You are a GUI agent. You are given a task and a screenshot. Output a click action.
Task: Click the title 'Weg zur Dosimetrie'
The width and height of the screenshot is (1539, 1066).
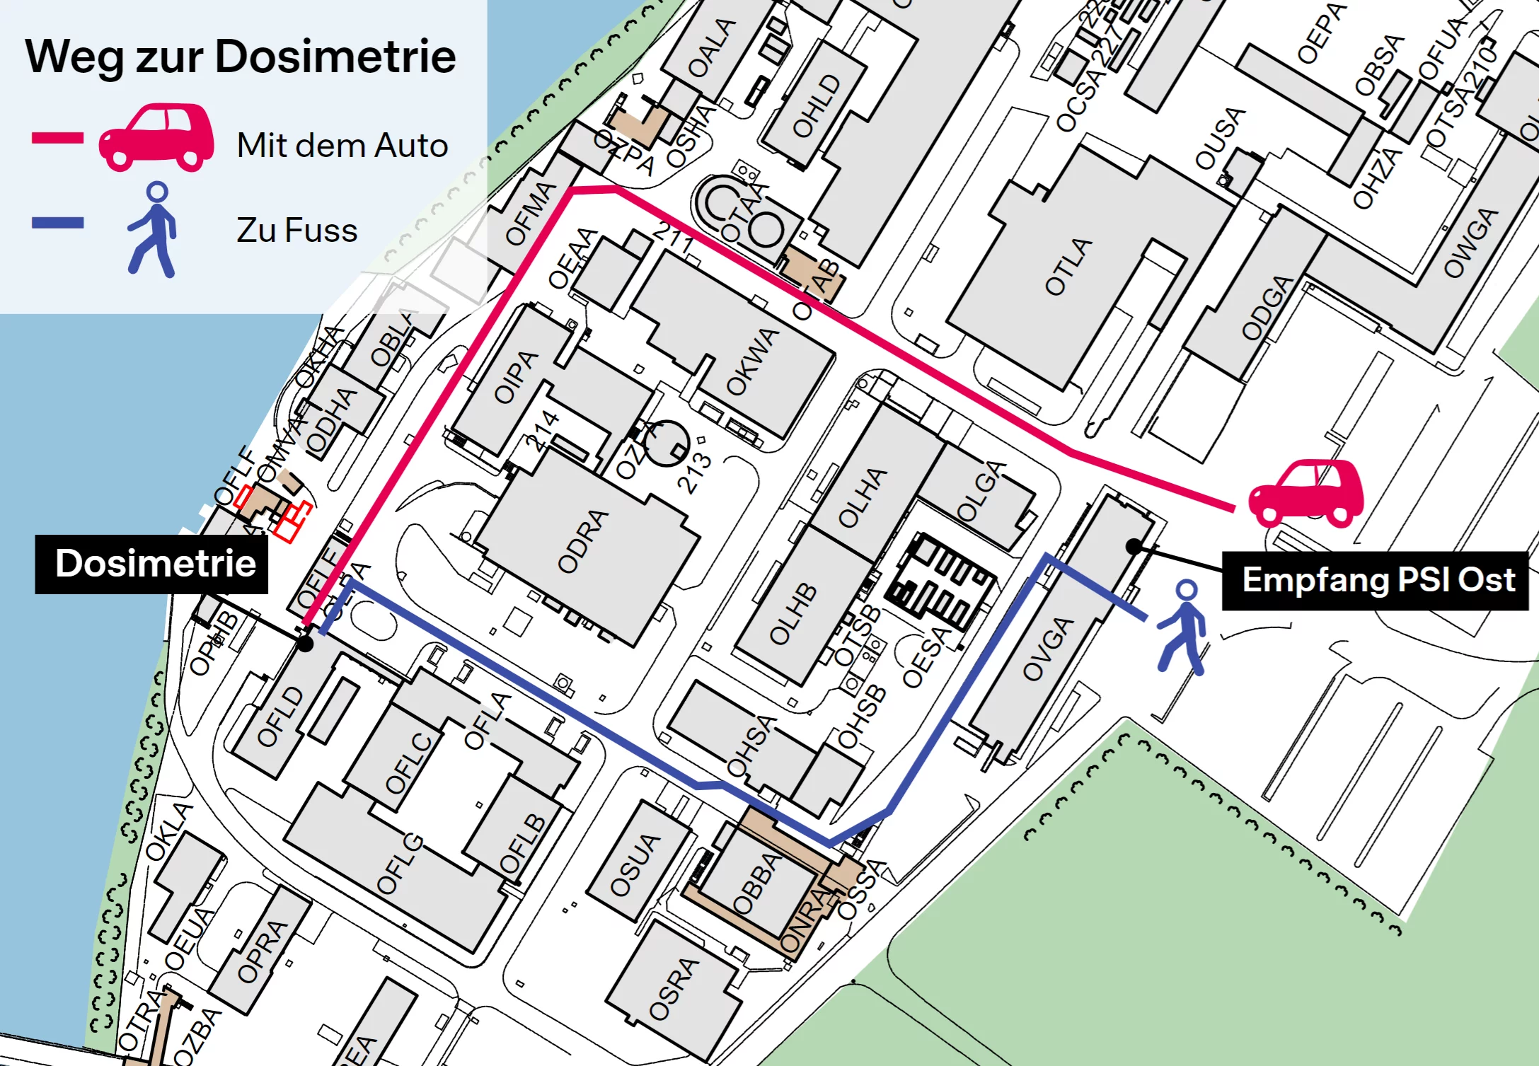241,57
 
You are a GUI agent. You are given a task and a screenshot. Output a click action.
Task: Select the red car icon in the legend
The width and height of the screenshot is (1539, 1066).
156,138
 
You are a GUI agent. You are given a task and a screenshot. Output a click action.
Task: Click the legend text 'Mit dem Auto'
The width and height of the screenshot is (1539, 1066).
342,146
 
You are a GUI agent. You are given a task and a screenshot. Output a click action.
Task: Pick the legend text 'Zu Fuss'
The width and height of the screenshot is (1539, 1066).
297,231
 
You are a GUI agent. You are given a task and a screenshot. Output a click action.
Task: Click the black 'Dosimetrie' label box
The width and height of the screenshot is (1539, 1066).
152,564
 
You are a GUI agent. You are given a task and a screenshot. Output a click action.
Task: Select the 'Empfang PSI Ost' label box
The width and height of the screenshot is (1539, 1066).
1377,581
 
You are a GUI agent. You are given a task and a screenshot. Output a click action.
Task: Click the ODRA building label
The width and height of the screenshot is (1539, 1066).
583,541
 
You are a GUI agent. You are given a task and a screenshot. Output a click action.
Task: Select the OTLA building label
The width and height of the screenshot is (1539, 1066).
1068,267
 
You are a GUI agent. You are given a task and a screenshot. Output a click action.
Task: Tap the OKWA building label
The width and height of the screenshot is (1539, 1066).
752,361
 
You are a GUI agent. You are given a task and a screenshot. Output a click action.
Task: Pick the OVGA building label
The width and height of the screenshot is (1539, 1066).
1049,649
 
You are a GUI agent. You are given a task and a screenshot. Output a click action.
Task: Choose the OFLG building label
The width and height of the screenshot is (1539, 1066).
400,864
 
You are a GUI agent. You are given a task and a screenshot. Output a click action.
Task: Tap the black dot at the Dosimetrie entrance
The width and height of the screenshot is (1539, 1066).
305,644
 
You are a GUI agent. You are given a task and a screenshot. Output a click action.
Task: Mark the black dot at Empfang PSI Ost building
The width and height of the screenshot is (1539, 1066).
1134,547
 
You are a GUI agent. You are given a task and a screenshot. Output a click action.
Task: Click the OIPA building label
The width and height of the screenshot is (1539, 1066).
516,376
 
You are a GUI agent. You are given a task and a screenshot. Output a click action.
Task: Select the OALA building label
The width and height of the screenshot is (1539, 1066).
712,48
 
